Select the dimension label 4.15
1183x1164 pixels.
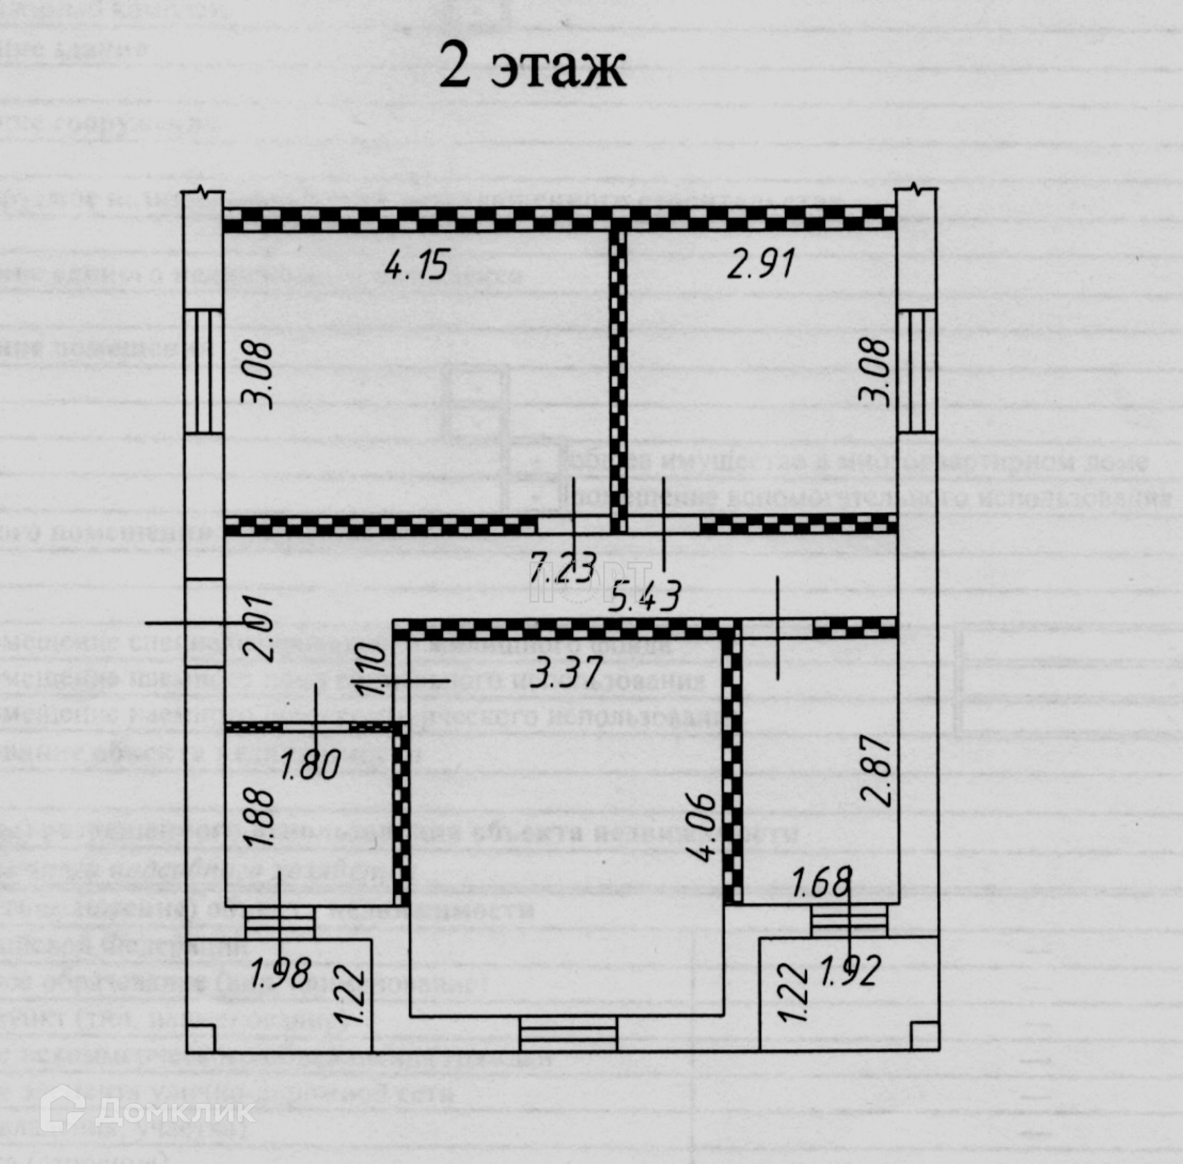(x=417, y=265)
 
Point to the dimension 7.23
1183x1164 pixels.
(x=563, y=568)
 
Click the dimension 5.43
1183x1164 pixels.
(x=644, y=596)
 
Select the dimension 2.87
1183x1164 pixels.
(x=877, y=770)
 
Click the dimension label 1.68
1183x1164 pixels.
(x=822, y=882)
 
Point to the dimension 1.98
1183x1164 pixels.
(x=280, y=973)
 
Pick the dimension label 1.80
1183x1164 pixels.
(x=311, y=765)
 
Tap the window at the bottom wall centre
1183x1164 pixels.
(x=567, y=1033)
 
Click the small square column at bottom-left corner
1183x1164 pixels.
(x=201, y=1036)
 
